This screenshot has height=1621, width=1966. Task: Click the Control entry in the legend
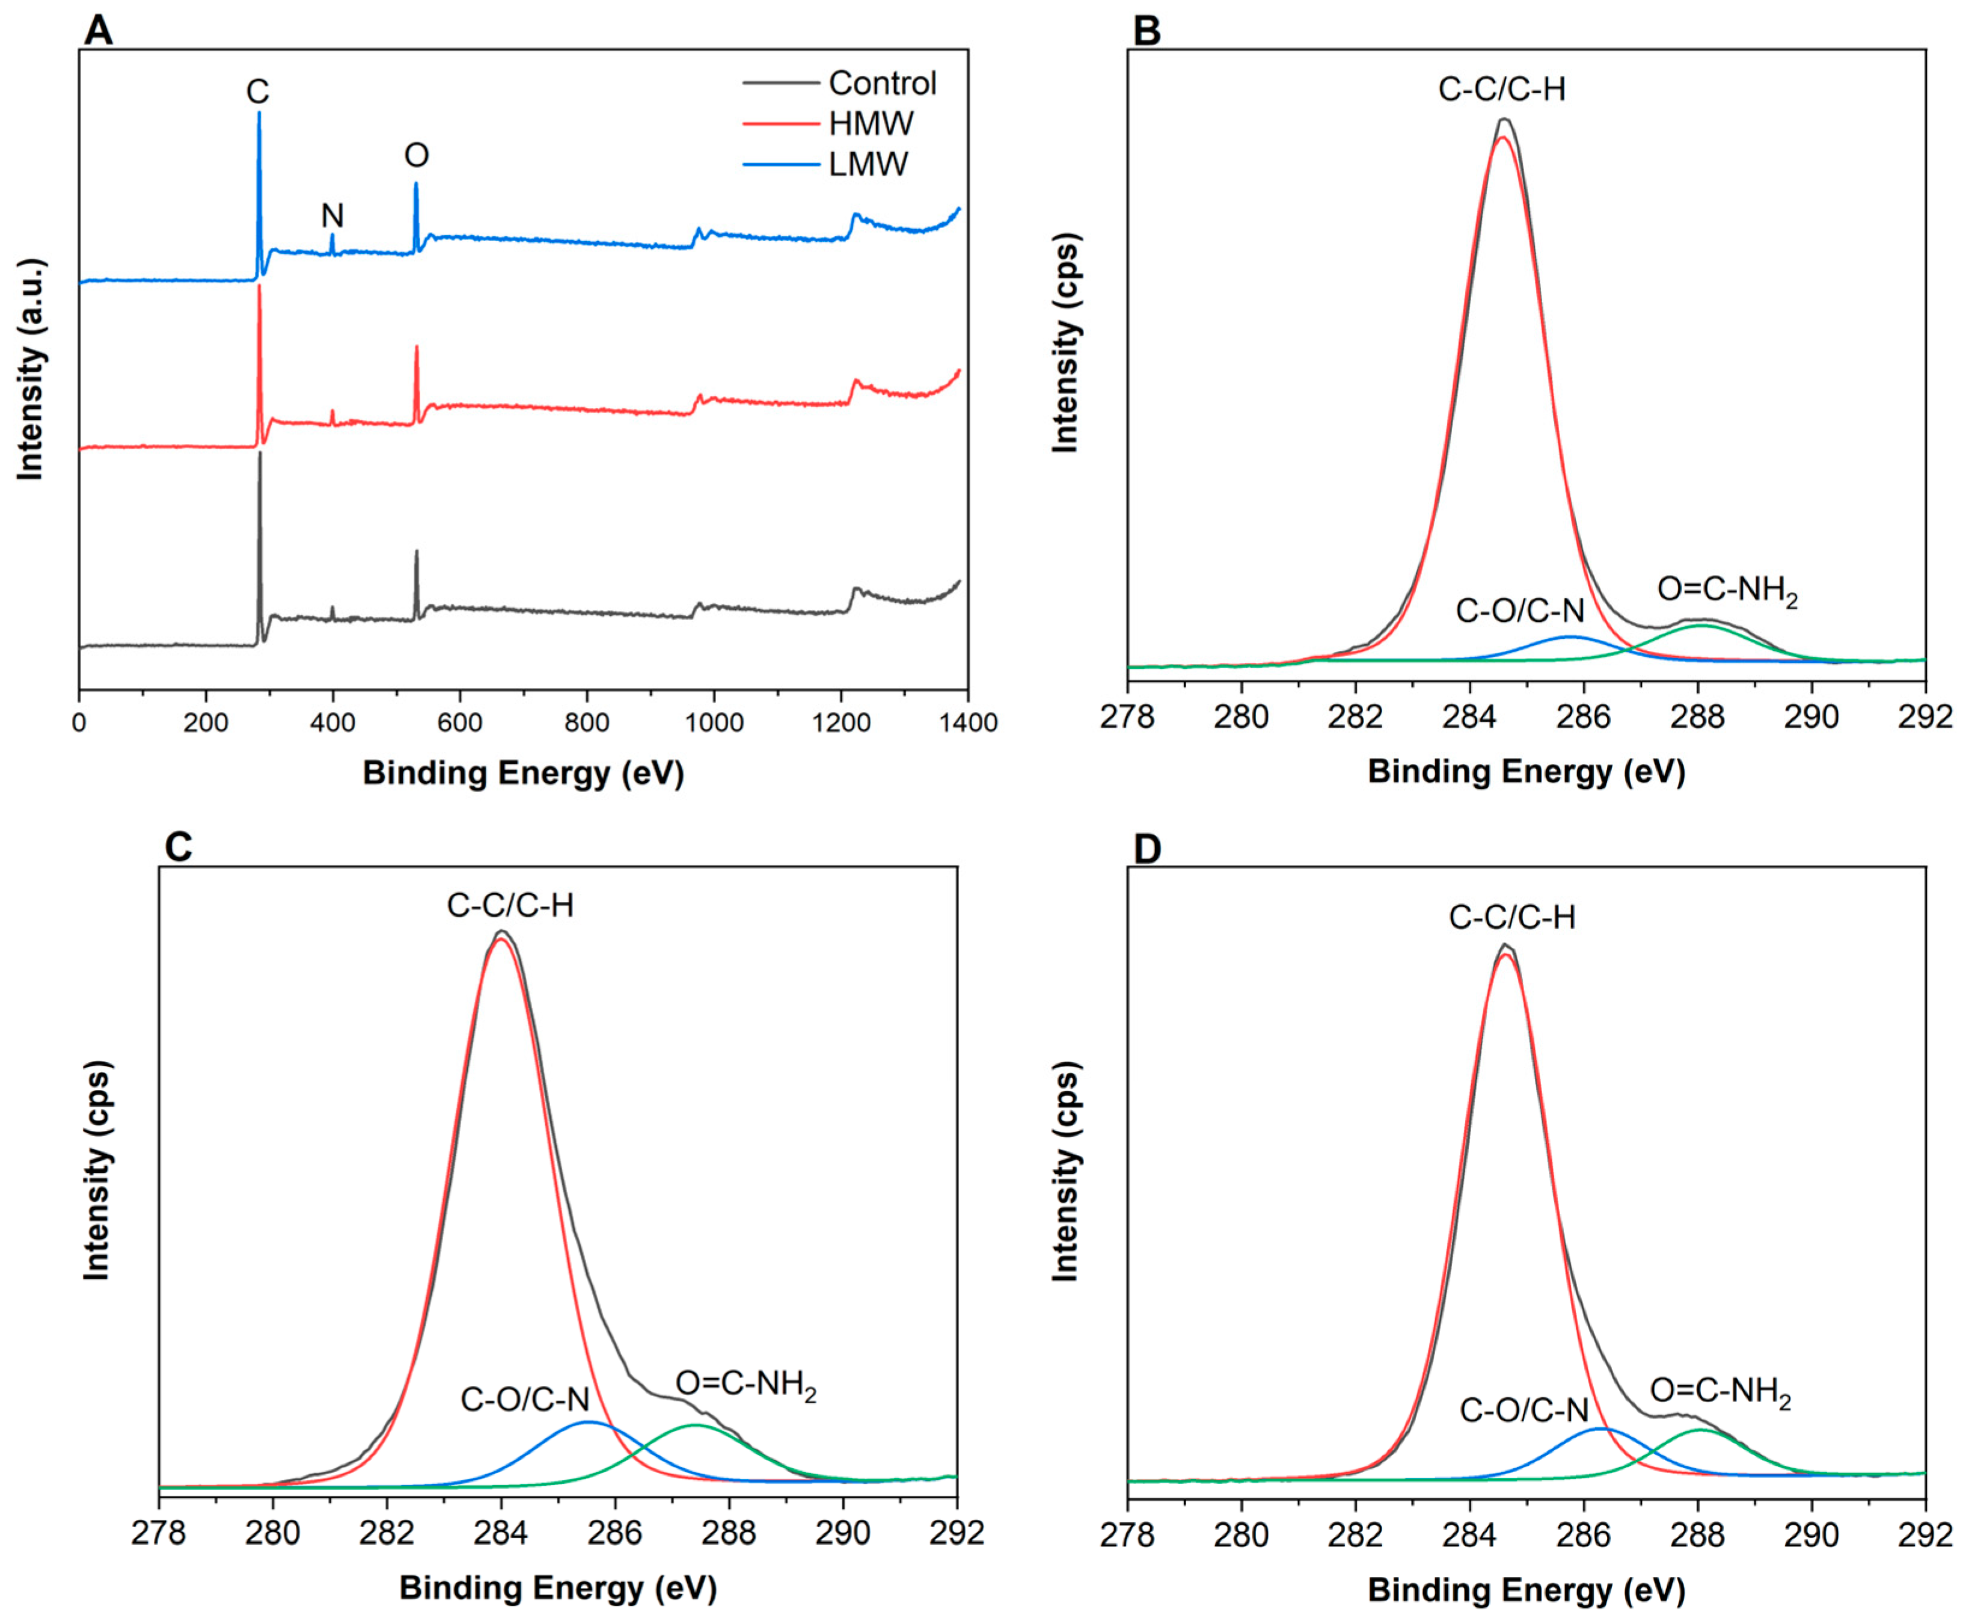point(881,84)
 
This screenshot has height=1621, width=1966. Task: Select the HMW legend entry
point(870,124)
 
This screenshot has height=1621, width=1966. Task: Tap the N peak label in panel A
point(332,217)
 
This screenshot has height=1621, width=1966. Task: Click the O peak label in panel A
point(417,155)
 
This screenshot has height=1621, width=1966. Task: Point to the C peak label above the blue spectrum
point(258,91)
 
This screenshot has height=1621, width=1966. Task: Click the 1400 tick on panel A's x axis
point(968,723)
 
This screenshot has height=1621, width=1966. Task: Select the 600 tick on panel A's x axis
point(459,723)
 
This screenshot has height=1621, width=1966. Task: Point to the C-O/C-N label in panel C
point(525,1399)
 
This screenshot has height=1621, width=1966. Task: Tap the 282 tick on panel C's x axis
point(387,1534)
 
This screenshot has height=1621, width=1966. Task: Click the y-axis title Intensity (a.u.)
point(31,370)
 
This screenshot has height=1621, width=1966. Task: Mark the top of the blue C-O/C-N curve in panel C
point(588,1422)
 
